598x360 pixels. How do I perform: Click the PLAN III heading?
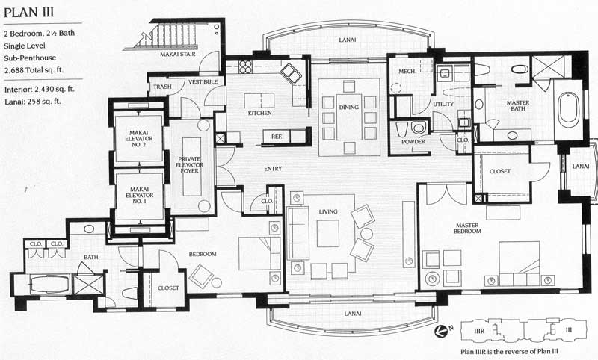[x=29, y=13]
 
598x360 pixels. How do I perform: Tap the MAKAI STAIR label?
[x=178, y=55]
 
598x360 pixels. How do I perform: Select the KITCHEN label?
[x=259, y=113]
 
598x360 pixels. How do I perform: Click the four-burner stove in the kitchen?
[x=245, y=67]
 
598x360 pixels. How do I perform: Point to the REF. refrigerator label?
[x=277, y=137]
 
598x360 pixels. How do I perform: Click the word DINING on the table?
[x=349, y=108]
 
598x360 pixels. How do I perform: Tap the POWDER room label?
[x=413, y=142]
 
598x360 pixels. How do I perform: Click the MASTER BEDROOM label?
[x=467, y=229]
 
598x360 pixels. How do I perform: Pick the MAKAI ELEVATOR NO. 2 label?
[x=139, y=139]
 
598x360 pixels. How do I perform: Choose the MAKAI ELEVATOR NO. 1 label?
[x=139, y=195]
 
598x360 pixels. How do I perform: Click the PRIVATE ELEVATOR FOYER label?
[x=190, y=165]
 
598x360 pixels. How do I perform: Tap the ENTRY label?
[x=273, y=169]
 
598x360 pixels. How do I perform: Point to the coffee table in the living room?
[x=328, y=234]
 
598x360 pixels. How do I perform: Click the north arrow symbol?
[x=442, y=331]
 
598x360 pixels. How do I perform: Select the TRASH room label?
[x=162, y=87]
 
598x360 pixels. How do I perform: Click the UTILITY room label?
[x=443, y=104]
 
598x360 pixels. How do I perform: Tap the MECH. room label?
[x=407, y=72]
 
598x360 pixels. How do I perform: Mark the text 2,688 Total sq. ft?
[x=34, y=70]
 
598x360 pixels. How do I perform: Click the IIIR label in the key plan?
[x=479, y=331]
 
